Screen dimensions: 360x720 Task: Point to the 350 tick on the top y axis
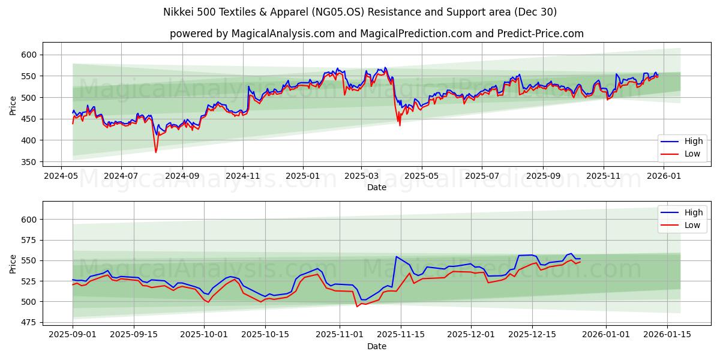[x=28, y=162]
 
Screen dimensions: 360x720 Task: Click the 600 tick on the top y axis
[x=28, y=55]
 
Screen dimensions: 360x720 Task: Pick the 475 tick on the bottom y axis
[x=28, y=323]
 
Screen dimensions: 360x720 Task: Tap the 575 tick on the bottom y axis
[x=28, y=240]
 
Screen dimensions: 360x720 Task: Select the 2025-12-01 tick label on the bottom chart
[x=470, y=335]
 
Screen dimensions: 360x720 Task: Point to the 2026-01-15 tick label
[x=667, y=335]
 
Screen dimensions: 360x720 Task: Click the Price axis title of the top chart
[x=13, y=106]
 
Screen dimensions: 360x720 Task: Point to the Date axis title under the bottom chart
[x=376, y=346]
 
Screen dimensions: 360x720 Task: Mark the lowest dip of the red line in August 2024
[x=156, y=152]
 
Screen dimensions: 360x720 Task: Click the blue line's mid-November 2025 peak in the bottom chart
[x=396, y=257]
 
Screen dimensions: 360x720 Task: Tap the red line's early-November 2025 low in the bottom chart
[x=357, y=307]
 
